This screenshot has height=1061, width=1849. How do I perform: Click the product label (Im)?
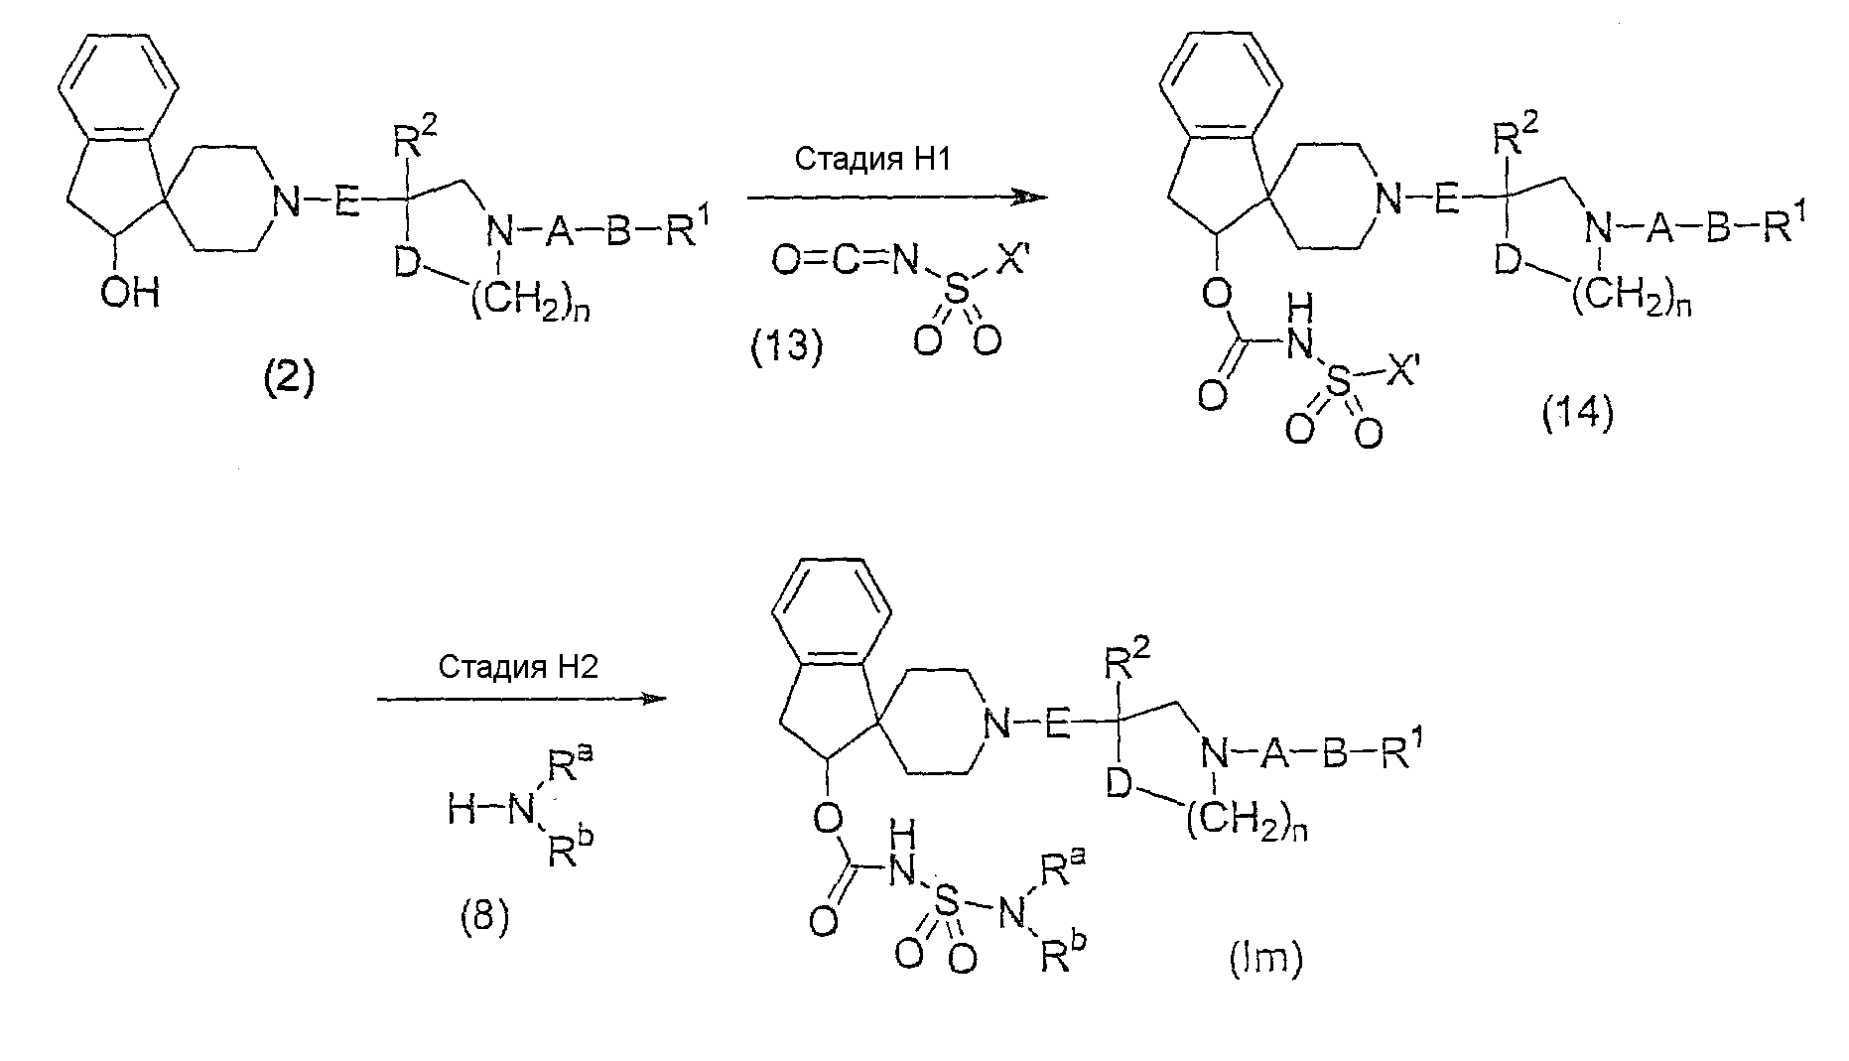[x=1264, y=959]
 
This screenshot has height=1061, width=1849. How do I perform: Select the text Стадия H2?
[x=518, y=666]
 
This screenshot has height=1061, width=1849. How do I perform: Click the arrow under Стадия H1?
[x=897, y=198]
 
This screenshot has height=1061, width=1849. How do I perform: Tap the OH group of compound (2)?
[x=130, y=295]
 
